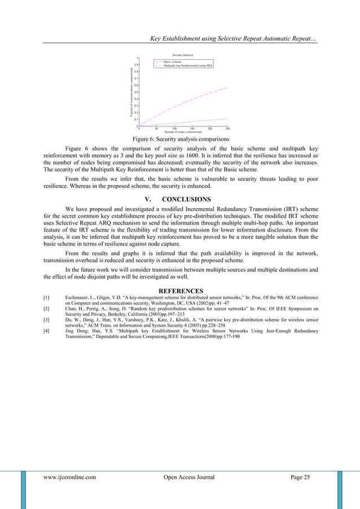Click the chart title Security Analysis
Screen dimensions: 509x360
click(182, 55)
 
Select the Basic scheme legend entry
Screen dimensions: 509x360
click(172, 62)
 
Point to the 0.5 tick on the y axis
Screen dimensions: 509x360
click(136, 92)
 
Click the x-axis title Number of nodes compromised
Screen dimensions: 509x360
click(183, 132)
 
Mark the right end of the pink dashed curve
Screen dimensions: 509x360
click(227, 88)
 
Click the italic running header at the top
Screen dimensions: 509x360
click(232, 39)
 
